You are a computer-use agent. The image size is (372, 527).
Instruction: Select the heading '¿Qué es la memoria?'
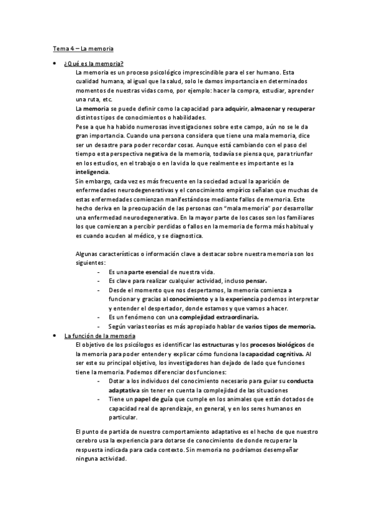[x=94, y=63]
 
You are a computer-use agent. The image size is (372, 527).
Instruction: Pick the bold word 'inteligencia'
[x=92, y=172]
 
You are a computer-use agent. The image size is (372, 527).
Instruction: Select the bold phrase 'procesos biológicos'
[x=278, y=344]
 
